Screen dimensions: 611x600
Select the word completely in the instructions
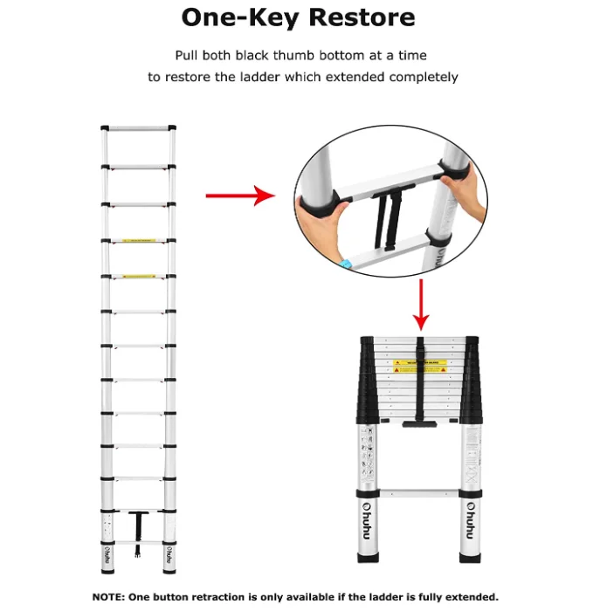(414, 77)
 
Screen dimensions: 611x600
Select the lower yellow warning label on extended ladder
(139, 277)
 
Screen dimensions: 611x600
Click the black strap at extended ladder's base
(138, 528)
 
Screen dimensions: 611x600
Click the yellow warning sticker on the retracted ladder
(420, 366)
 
